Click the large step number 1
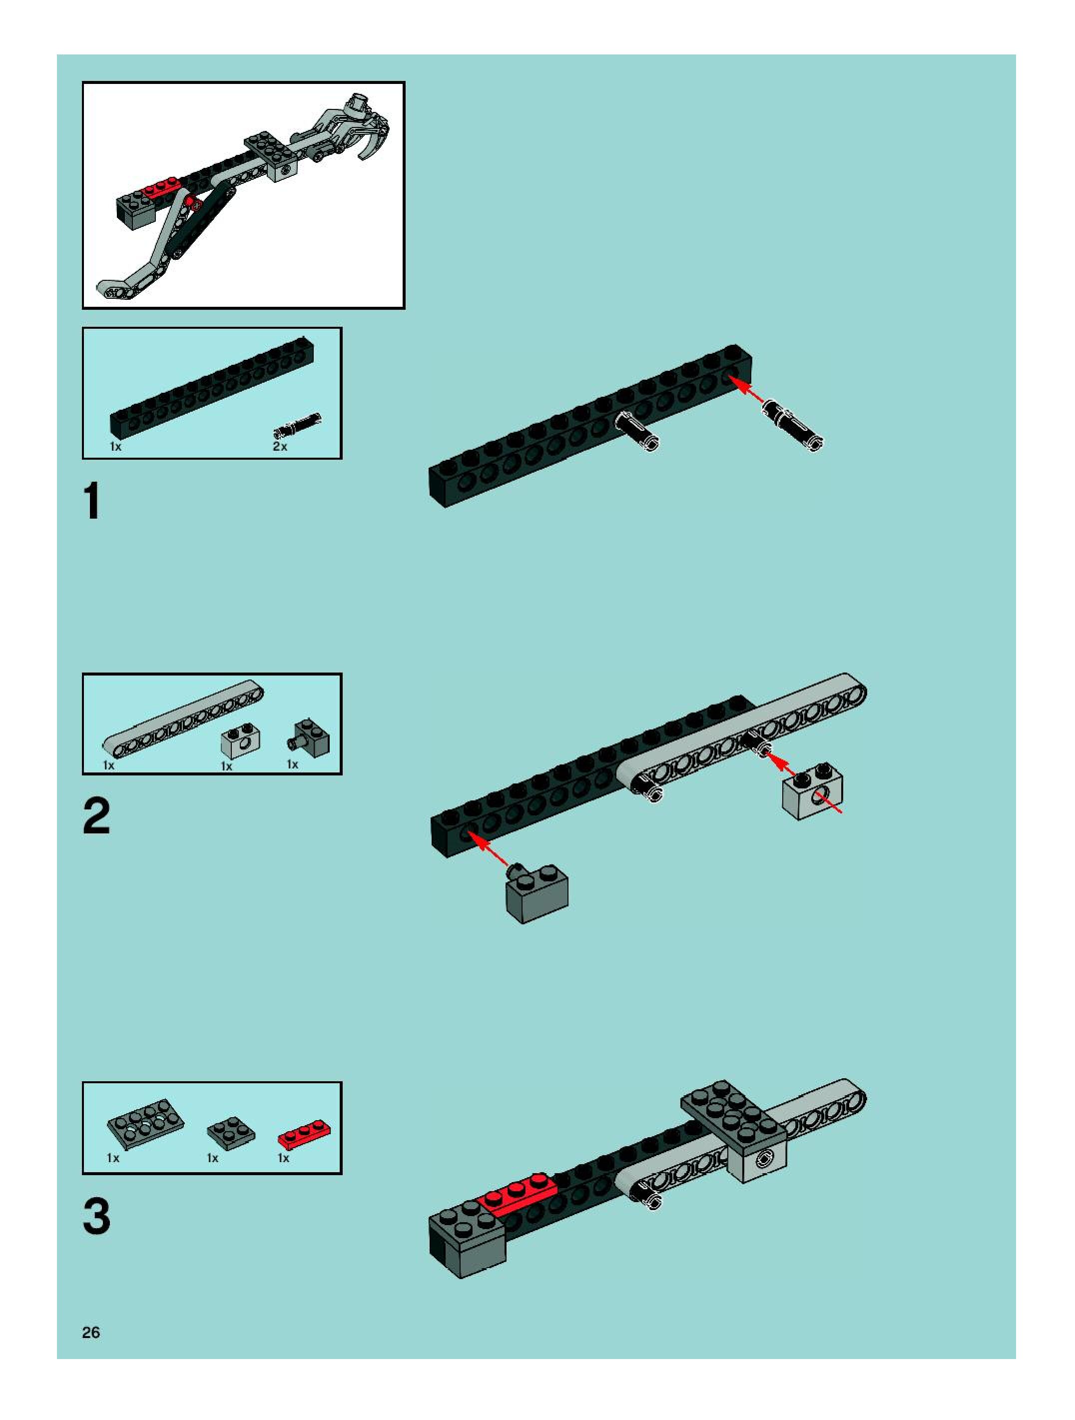click(92, 501)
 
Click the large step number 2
click(96, 815)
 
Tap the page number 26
click(91, 1332)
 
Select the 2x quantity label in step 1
click(280, 446)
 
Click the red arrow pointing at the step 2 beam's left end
click(489, 849)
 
